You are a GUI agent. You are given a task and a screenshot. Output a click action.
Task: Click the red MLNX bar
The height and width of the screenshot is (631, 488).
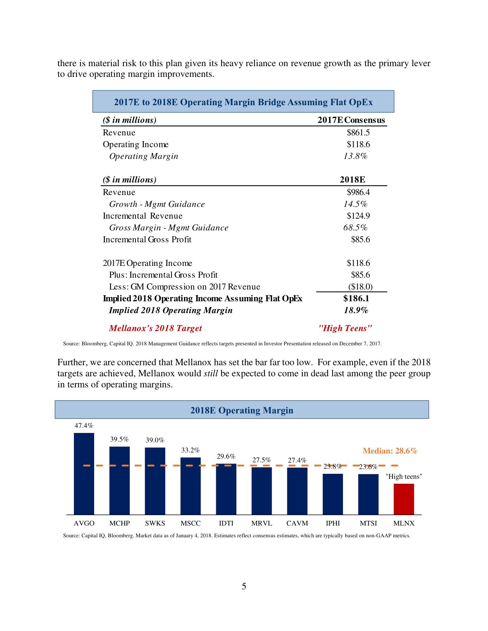tap(404, 499)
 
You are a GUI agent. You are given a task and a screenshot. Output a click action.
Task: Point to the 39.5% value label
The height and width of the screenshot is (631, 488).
tap(119, 439)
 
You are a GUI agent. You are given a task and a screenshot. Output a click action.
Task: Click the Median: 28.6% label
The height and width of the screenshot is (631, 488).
tap(390, 451)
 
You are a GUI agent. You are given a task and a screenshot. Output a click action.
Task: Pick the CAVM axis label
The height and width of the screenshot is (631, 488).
tap(297, 523)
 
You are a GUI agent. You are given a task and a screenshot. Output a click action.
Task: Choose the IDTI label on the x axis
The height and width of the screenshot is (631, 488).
tap(226, 523)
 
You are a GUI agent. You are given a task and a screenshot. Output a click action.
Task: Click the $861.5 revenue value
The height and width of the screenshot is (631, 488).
tap(358, 133)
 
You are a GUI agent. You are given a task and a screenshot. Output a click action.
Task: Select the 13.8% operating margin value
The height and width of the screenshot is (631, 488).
tap(355, 156)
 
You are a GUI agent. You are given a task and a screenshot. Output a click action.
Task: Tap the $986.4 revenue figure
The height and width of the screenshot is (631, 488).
tap(358, 192)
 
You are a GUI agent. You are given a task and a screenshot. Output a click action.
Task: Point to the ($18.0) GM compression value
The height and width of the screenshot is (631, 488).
tap(360, 287)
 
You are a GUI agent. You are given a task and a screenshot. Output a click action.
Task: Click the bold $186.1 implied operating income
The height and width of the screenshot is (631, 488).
tap(356, 298)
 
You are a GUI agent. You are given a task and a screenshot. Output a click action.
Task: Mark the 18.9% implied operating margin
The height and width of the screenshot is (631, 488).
tap(356, 310)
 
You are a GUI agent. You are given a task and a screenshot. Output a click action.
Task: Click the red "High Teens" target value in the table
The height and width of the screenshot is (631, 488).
tap(345, 328)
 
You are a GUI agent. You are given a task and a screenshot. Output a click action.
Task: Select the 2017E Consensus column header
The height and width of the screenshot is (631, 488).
tap(351, 120)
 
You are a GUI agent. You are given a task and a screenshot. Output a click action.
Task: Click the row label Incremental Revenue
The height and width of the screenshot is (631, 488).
tap(142, 216)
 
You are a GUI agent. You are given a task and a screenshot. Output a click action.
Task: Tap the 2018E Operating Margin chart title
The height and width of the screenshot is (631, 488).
tap(242, 410)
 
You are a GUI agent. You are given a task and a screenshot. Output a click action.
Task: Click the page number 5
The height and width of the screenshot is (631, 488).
tap(244, 586)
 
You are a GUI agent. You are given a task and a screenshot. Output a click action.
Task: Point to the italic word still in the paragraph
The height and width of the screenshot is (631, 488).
tap(211, 373)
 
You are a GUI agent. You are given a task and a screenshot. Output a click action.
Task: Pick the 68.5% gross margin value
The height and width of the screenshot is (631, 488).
tap(355, 228)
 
